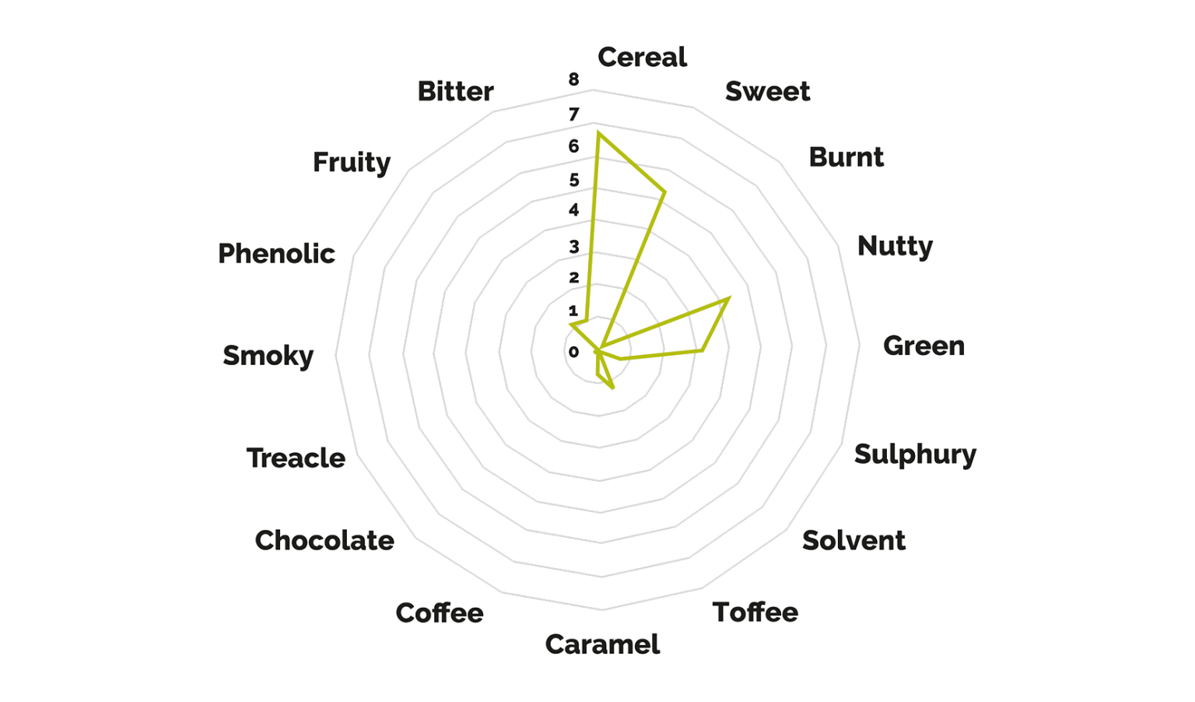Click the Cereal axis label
tap(643, 57)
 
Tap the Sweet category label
tap(768, 91)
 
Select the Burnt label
tap(846, 157)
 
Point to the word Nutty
tap(895, 247)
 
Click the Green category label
tap(924, 346)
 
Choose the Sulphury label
tap(916, 455)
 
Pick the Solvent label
tap(853, 540)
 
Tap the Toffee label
tap(755, 612)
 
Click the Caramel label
tap(602, 644)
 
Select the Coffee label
tap(440, 612)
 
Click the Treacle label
tap(296, 458)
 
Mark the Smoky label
tap(268, 356)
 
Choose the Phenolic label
tap(276, 253)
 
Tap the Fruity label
tap(352, 163)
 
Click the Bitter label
tap(455, 91)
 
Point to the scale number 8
tap(573, 79)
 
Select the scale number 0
tap(573, 352)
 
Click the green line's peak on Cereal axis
tap(598, 132)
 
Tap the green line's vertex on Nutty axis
tap(728, 299)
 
